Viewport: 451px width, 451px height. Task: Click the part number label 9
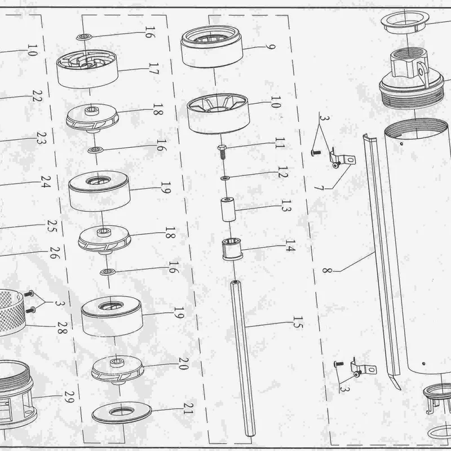[271, 47]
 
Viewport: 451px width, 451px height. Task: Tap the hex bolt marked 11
[222, 152]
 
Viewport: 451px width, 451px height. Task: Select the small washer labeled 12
[225, 178]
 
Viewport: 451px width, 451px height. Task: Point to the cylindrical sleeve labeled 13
[229, 209]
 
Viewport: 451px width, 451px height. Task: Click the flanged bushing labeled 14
[232, 249]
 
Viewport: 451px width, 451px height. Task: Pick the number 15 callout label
[298, 322]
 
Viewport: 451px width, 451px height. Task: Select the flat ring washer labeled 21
[122, 414]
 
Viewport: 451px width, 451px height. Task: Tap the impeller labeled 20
[117, 370]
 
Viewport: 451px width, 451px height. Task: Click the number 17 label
[154, 69]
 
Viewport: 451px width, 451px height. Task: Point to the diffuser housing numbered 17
[87, 69]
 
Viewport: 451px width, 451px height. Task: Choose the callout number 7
[319, 188]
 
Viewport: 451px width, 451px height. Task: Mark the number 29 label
[69, 397]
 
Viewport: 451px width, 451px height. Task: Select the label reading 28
[63, 328]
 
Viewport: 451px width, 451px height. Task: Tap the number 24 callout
[46, 182]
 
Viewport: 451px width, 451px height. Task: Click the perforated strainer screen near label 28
[11, 312]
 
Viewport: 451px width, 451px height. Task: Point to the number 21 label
[188, 408]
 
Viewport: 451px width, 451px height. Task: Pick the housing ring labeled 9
[212, 47]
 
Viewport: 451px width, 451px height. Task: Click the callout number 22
[37, 96]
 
